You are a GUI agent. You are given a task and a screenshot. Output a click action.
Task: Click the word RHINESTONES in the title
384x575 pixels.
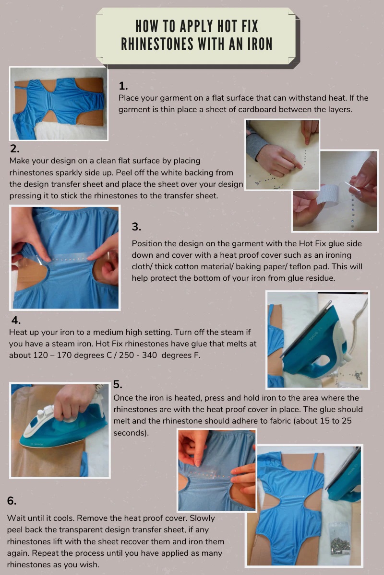[157, 44]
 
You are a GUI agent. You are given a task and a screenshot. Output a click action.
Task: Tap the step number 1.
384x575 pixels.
[123, 86]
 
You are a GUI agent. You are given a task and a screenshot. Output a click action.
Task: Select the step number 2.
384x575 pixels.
[15, 149]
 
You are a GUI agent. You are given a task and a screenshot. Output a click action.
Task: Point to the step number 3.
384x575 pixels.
[136, 227]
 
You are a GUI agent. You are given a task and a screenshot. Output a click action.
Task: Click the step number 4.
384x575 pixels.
[16, 321]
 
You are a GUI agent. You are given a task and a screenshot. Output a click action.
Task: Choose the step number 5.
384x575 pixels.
[118, 384]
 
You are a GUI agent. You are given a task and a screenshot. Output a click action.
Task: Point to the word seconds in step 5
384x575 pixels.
[130, 433]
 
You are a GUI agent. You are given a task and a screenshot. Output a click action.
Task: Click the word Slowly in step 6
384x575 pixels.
[202, 518]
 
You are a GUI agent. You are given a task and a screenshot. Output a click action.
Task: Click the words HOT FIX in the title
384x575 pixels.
[238, 26]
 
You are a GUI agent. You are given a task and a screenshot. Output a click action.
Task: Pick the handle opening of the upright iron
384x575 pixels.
[322, 361]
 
